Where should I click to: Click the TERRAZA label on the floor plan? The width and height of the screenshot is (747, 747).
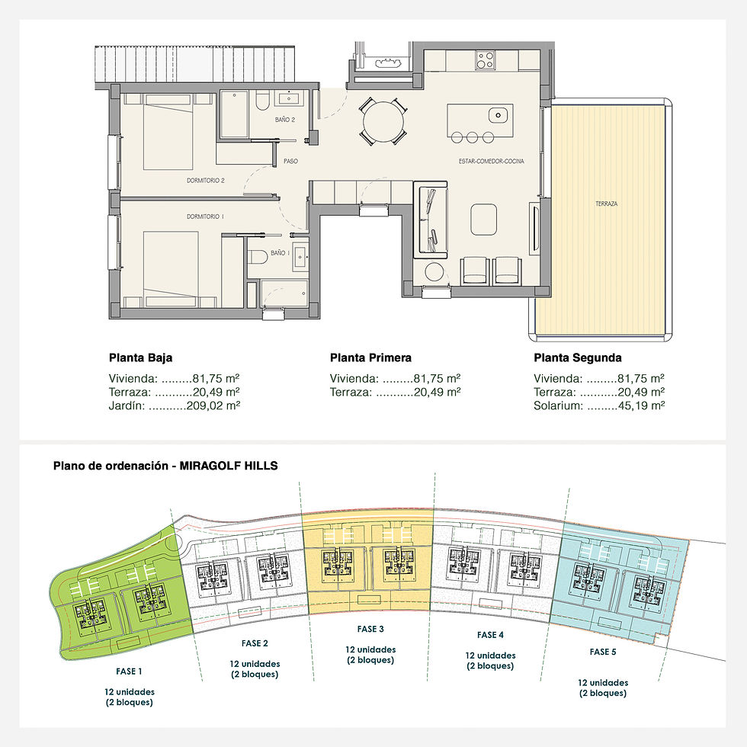coord(607,204)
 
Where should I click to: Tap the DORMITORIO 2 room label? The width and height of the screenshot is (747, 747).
coord(206,181)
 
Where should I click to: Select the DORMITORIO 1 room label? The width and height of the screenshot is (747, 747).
coord(206,217)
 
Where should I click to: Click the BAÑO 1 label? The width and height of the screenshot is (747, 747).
coord(280,252)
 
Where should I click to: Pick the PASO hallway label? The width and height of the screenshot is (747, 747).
coord(290,162)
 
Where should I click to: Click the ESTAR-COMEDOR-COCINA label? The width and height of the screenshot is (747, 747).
coord(491,162)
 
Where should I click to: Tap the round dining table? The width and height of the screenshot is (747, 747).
coord(382,120)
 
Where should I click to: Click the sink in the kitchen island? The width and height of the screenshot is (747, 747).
coord(497,115)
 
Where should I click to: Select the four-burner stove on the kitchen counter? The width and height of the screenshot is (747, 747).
coord(486,59)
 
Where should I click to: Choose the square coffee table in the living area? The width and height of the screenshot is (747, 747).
coord(484,220)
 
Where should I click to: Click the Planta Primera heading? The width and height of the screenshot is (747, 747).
coord(370,357)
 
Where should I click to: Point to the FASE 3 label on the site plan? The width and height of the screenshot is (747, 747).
coord(370,629)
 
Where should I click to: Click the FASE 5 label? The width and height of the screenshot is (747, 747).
coord(602,652)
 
